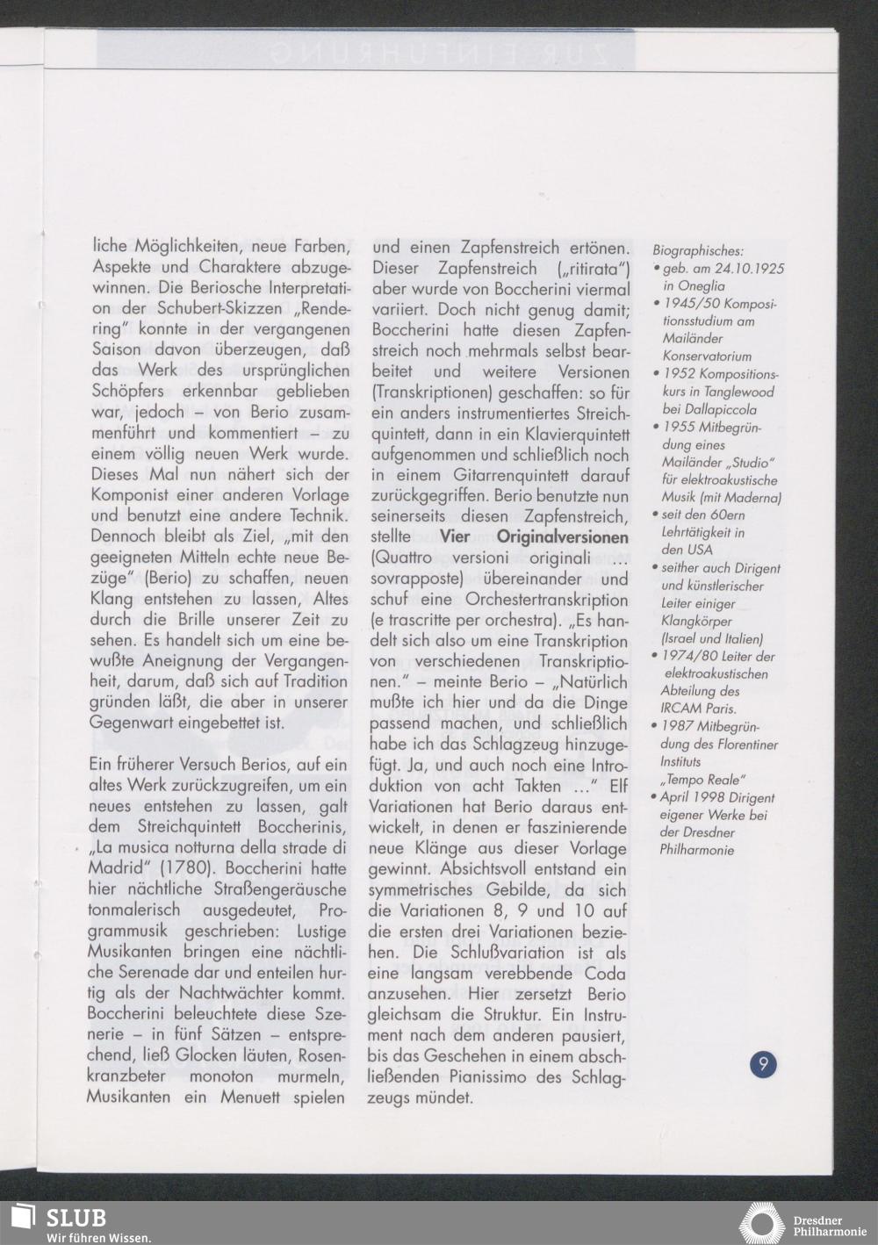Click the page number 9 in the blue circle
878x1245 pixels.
click(763, 1064)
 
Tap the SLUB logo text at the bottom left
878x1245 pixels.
click(76, 1217)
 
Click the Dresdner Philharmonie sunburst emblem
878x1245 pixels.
click(761, 1224)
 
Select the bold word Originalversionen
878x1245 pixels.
click(562, 536)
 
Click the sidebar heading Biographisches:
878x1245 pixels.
click(698, 251)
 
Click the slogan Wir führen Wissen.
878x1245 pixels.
click(98, 1236)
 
